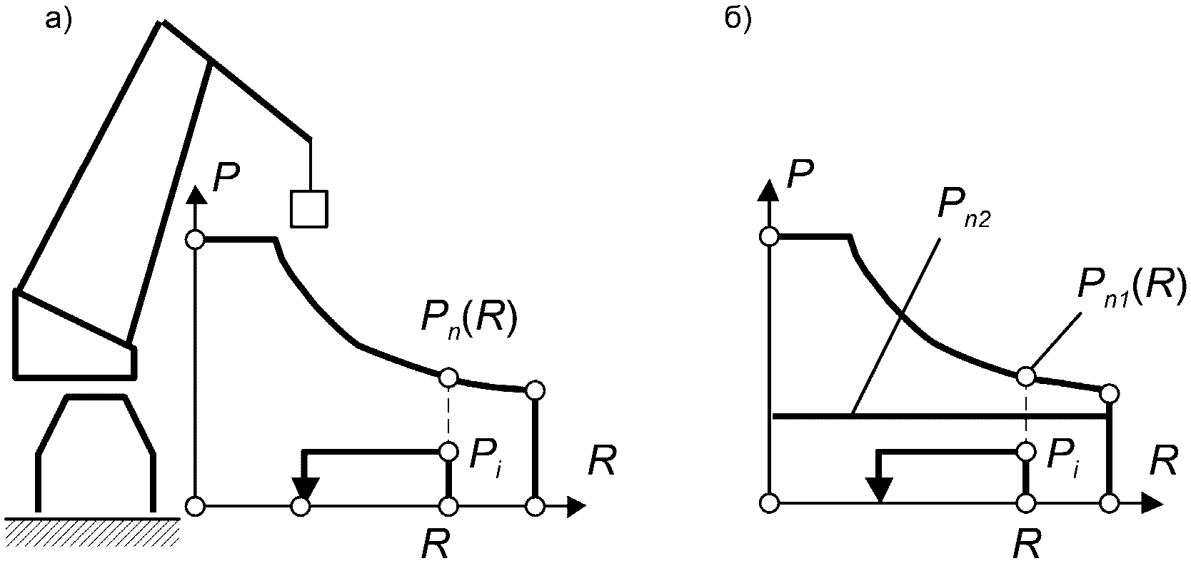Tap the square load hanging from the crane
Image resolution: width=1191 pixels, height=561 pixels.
tap(308, 208)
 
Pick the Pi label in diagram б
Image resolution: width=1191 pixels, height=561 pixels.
tap(1063, 460)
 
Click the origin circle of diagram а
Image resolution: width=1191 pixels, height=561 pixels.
tap(195, 507)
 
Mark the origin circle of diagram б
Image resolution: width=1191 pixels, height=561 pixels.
tap(769, 503)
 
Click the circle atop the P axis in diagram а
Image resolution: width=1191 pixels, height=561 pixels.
tap(195, 240)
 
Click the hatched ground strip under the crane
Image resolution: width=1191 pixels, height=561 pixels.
tap(91, 529)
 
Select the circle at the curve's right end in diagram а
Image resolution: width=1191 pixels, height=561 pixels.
tap(535, 390)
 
